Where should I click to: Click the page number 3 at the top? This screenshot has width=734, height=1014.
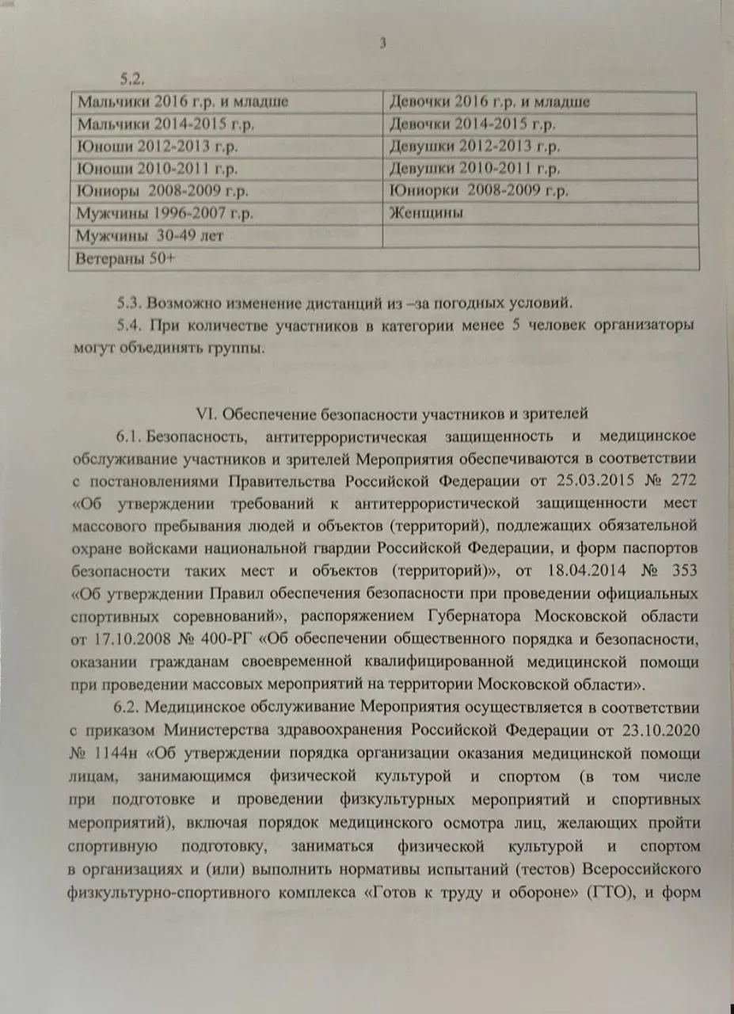pos(382,44)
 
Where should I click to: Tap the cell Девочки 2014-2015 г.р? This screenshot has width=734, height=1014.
pos(473,124)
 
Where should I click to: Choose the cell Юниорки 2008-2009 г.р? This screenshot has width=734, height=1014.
pos(479,191)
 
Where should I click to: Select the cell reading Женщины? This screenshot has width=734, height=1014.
pos(426,213)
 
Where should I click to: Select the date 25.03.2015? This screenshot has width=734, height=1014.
pos(610,480)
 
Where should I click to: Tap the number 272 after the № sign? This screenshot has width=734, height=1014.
pos(685,480)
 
